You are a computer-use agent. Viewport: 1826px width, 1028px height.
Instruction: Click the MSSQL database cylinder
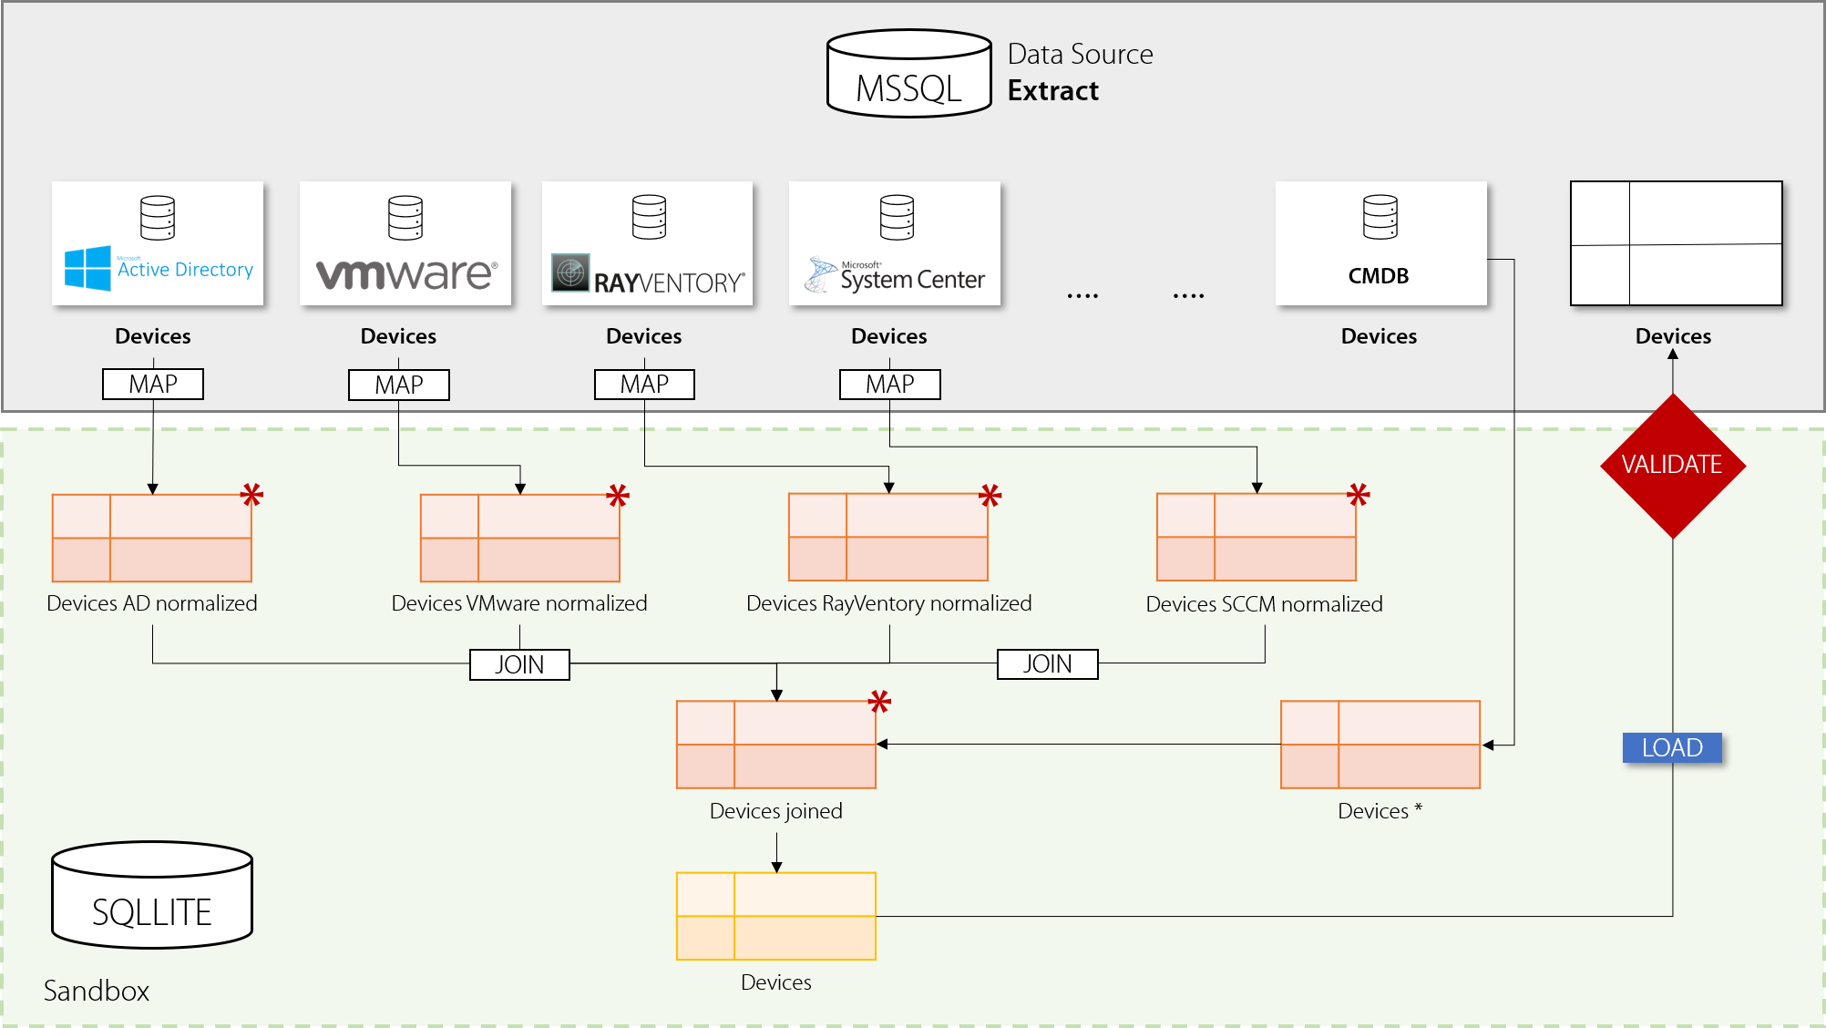(908, 74)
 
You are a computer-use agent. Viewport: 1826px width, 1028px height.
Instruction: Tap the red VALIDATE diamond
(1672, 465)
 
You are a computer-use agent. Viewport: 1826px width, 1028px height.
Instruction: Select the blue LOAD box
(1672, 747)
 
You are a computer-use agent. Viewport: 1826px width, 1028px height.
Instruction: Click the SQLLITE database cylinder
(152, 895)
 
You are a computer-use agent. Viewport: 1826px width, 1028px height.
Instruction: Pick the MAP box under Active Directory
(153, 384)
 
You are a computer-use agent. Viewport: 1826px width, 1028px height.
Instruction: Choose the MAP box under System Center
(889, 384)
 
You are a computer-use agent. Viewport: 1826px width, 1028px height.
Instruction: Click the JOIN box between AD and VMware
(519, 664)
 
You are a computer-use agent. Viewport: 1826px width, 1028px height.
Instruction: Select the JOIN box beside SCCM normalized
(1047, 664)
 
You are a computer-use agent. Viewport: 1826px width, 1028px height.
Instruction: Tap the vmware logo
(406, 273)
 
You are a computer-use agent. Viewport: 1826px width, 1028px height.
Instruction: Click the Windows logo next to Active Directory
(87, 268)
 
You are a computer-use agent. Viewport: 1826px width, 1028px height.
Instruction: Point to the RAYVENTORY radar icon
(570, 272)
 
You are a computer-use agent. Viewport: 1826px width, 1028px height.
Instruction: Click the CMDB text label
(1379, 276)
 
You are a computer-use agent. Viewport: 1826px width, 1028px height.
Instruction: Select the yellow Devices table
(775, 916)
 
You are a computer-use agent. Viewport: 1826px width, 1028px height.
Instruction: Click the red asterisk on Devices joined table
(879, 701)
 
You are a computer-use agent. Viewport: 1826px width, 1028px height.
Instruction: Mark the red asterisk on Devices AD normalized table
(251, 495)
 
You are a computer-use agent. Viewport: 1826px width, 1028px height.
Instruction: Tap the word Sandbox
(97, 991)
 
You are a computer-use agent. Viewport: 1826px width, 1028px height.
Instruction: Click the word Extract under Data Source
(1052, 91)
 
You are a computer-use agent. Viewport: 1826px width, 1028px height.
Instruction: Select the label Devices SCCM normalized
(1264, 604)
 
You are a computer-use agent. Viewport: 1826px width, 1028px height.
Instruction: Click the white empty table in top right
(1676, 243)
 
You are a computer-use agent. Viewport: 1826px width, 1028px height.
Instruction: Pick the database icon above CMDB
(1380, 217)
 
